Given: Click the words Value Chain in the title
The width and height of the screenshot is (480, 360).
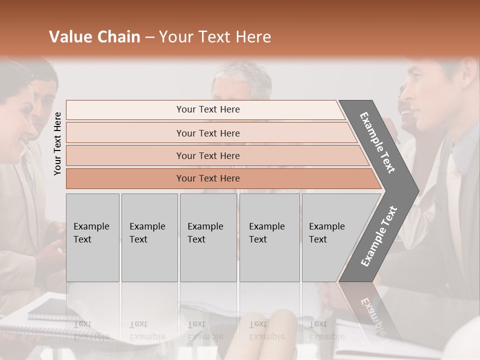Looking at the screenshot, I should point(94,37).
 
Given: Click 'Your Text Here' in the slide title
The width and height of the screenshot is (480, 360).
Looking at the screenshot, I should point(215,37).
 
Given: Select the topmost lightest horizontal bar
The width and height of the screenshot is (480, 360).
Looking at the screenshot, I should point(207,109).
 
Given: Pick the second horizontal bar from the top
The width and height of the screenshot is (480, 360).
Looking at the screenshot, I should point(207,133).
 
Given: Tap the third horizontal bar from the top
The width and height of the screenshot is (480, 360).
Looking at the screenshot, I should point(207,155).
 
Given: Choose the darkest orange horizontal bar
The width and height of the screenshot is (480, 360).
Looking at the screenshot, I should point(207,178).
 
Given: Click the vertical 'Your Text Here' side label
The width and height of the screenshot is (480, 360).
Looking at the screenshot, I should point(57,143).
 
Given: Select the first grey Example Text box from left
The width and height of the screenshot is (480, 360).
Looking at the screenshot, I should point(92,237).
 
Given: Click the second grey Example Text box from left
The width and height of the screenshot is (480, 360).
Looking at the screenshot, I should point(149,237).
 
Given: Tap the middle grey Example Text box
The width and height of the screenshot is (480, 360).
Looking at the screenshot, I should point(208,237).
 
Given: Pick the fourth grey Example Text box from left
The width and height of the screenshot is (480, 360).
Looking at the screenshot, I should point(269,237).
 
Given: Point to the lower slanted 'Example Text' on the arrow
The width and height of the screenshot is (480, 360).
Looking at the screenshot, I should point(379,236).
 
